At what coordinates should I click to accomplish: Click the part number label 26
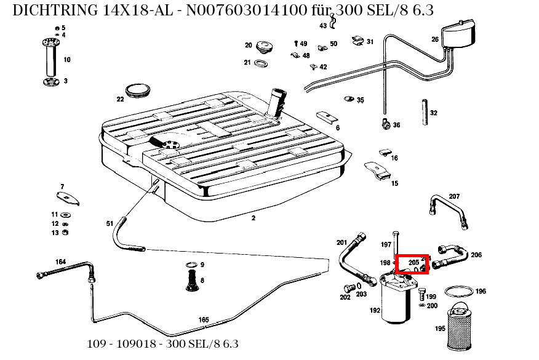[x=435, y=39]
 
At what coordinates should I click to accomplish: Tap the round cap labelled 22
[x=138, y=90]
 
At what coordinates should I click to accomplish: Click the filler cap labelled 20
[x=265, y=47]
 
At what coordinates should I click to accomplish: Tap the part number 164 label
[x=60, y=262]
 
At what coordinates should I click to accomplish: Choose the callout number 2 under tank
[x=253, y=218]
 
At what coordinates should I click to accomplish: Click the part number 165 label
[x=204, y=319]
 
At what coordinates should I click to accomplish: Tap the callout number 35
[x=361, y=100]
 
